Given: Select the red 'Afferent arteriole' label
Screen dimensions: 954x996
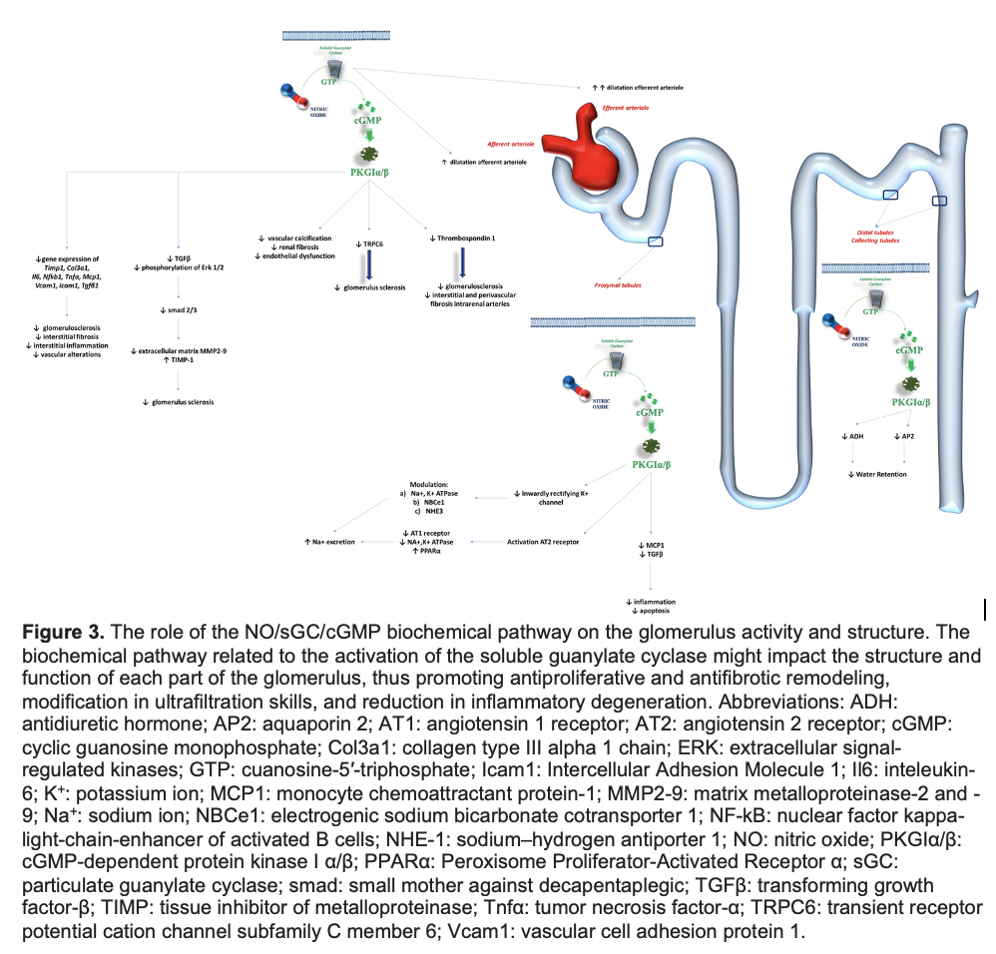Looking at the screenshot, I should (x=511, y=144).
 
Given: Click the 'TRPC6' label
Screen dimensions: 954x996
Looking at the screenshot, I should (x=373, y=241).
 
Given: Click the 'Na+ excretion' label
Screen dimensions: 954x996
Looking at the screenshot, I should (x=329, y=541).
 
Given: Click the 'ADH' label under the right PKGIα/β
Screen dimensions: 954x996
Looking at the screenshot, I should (x=854, y=436).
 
